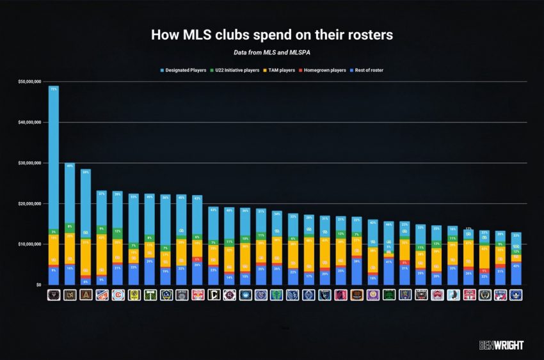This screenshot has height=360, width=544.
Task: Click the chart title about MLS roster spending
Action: (272, 34)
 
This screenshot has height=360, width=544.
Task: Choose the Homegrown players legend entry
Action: (328, 70)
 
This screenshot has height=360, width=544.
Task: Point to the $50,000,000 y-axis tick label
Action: (30, 82)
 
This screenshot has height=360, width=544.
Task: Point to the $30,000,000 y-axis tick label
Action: (30, 163)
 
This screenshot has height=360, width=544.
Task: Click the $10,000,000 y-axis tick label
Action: (30, 244)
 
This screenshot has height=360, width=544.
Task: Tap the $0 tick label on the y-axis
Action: (38, 285)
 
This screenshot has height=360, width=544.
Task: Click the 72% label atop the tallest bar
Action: (54, 89)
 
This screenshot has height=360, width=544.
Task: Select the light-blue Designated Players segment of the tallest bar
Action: (54, 160)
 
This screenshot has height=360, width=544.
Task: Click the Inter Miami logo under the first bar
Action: (54, 295)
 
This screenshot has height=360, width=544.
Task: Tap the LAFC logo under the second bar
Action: (70, 295)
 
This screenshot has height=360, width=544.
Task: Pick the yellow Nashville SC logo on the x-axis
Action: (134, 295)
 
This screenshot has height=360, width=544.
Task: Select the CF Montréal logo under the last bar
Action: (516, 295)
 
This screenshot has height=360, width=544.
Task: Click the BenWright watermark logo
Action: (501, 345)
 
